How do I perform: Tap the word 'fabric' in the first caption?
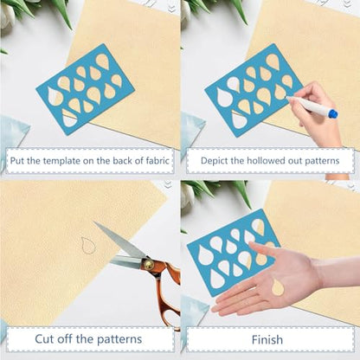(x=157, y=160)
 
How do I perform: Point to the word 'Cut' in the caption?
(x=44, y=338)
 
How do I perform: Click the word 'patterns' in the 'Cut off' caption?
(x=119, y=339)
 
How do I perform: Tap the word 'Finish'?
(x=267, y=339)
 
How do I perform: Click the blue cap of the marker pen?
(x=333, y=113)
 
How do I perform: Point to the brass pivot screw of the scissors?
(x=149, y=264)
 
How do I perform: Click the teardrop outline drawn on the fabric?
(x=87, y=246)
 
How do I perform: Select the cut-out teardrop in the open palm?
(x=278, y=287)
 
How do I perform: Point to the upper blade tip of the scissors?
(x=93, y=222)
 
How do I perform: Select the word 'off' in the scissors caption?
(x=65, y=338)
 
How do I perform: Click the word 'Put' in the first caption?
(x=17, y=160)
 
